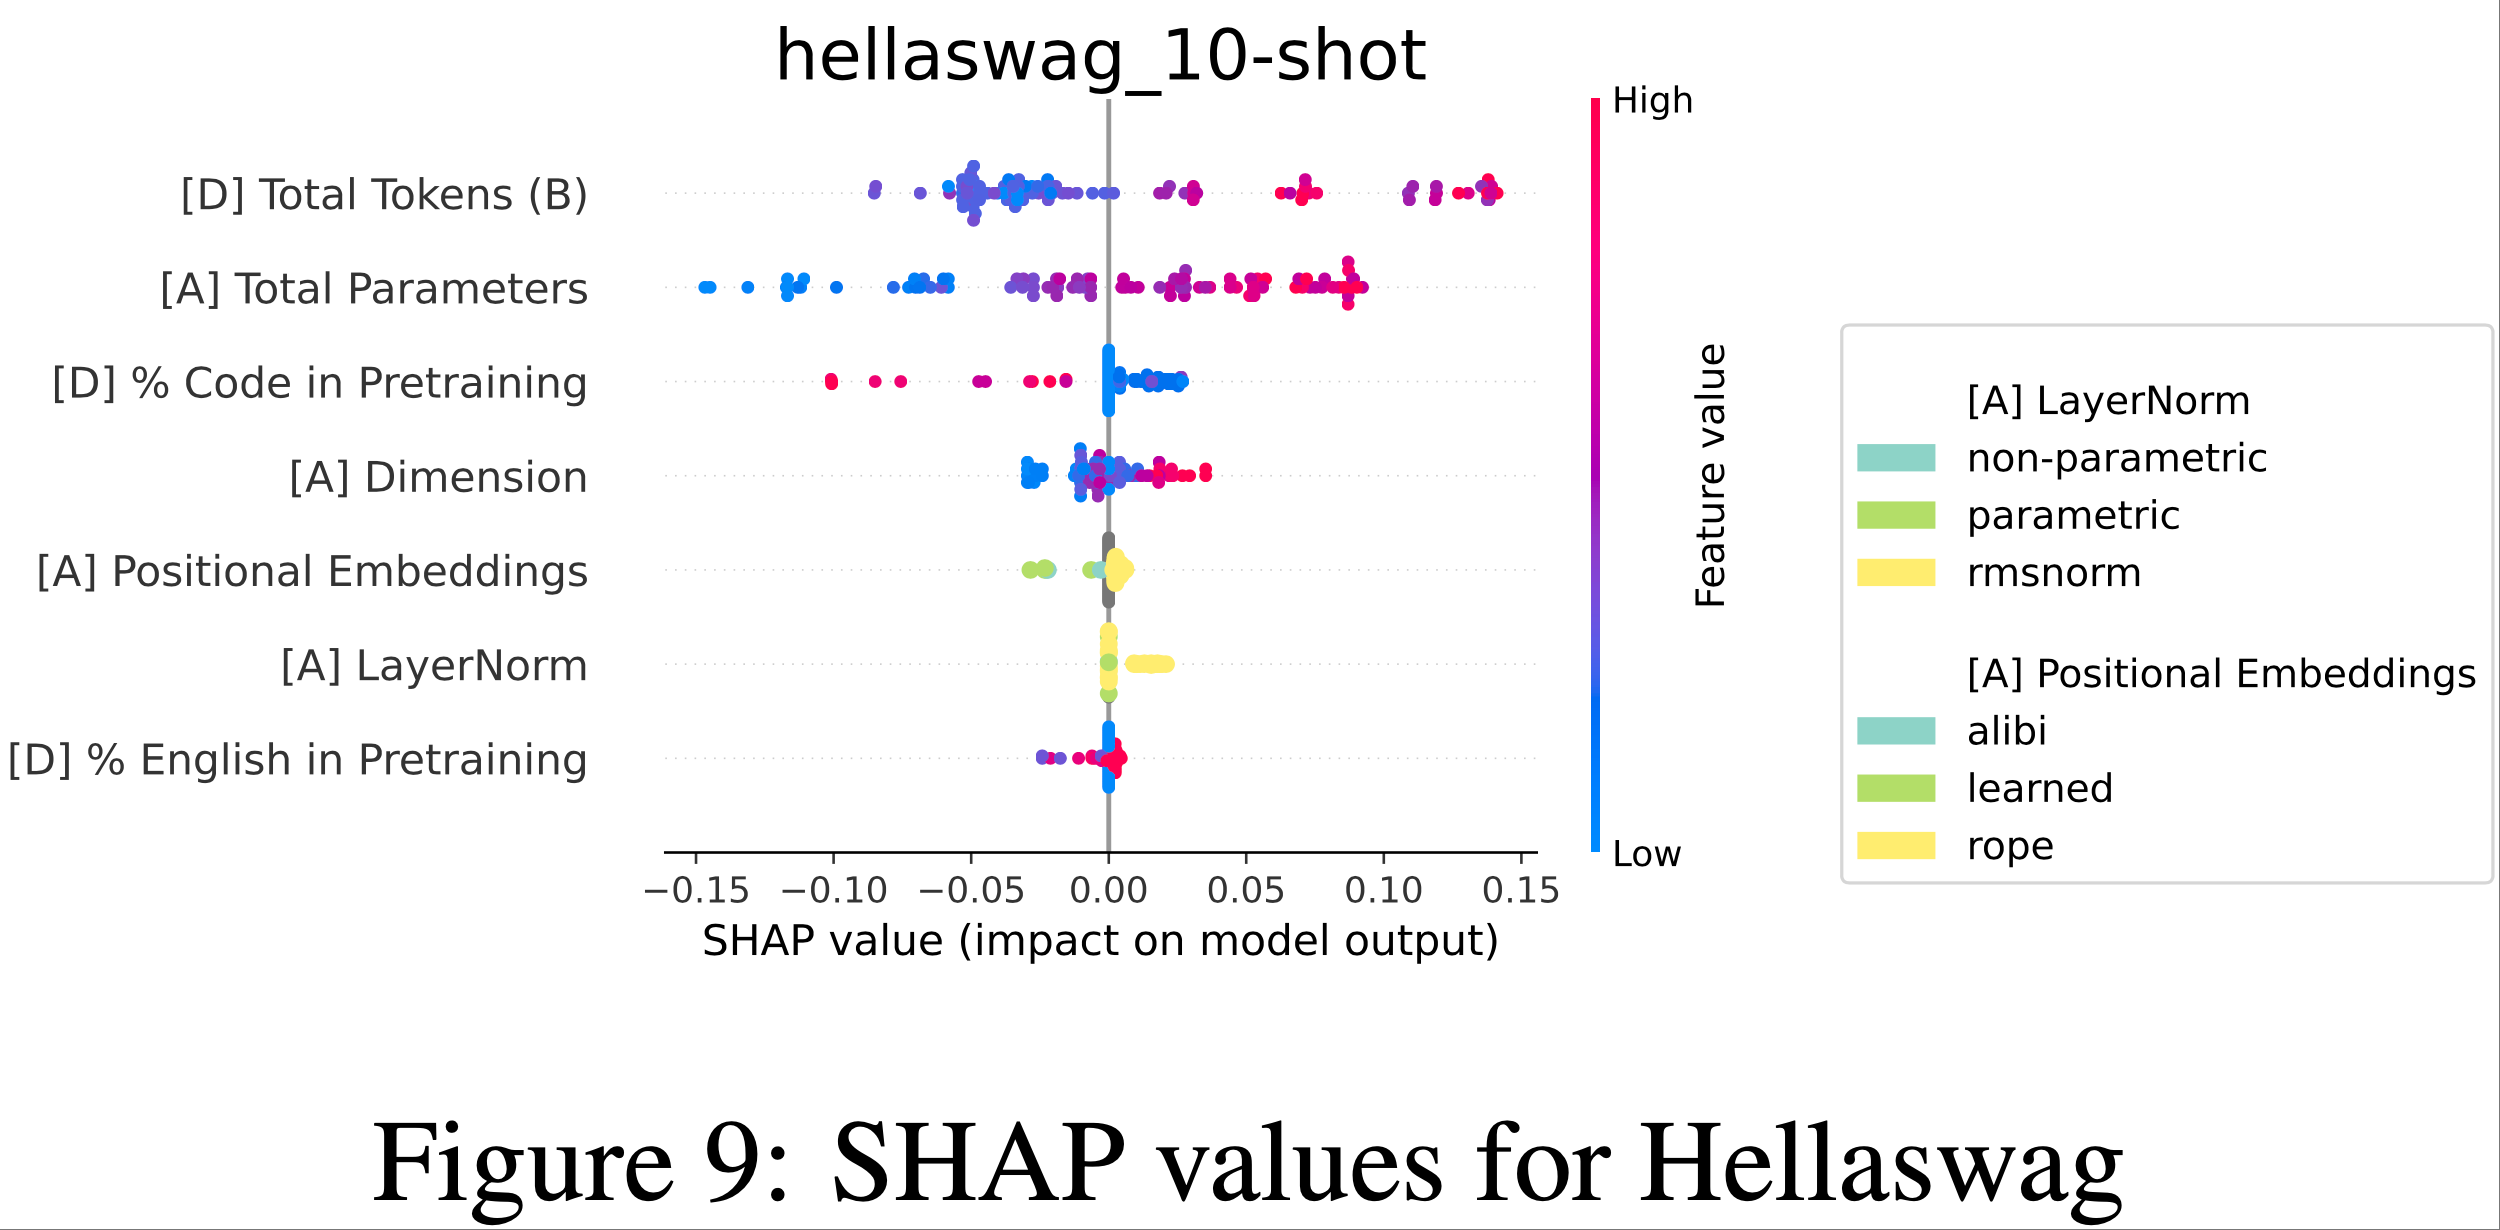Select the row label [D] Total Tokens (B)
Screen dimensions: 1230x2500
(384, 195)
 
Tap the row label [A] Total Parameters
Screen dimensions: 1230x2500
(374, 289)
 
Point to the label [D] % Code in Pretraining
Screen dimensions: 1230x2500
(320, 383)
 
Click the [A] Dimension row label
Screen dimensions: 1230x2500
(438, 478)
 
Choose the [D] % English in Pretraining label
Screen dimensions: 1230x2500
(297, 760)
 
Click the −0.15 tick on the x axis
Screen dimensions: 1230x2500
(696, 890)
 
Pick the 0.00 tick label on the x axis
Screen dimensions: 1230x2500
(1108, 890)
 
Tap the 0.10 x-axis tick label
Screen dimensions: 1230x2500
(1383, 890)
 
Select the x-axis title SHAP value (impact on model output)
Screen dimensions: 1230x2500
(1100, 941)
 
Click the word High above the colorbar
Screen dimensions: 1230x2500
(1652, 101)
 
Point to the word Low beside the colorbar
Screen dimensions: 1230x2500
(1646, 854)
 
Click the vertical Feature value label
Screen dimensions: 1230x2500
(1711, 475)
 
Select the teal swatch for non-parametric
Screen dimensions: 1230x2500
(1896, 458)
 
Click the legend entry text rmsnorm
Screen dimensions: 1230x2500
(2054, 573)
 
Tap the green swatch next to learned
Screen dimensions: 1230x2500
(1896, 788)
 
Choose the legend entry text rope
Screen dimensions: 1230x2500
(2010, 846)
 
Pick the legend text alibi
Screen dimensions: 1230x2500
(2006, 731)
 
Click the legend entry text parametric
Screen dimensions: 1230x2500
(2073, 516)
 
